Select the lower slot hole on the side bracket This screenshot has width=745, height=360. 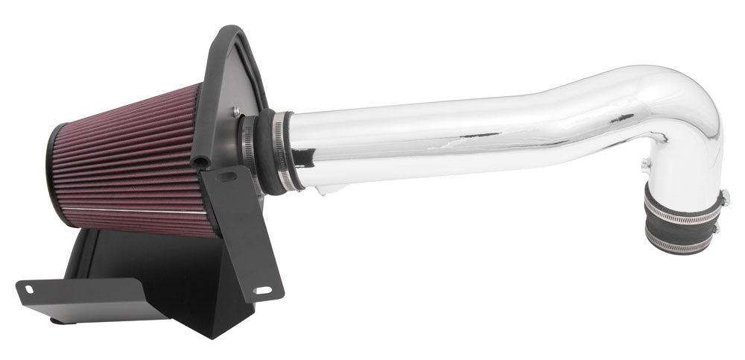click(260, 288)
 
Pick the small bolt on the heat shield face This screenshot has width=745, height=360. click(235, 112)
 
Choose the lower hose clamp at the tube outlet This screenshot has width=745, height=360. click(679, 240)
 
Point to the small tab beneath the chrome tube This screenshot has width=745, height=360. click(322, 192)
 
